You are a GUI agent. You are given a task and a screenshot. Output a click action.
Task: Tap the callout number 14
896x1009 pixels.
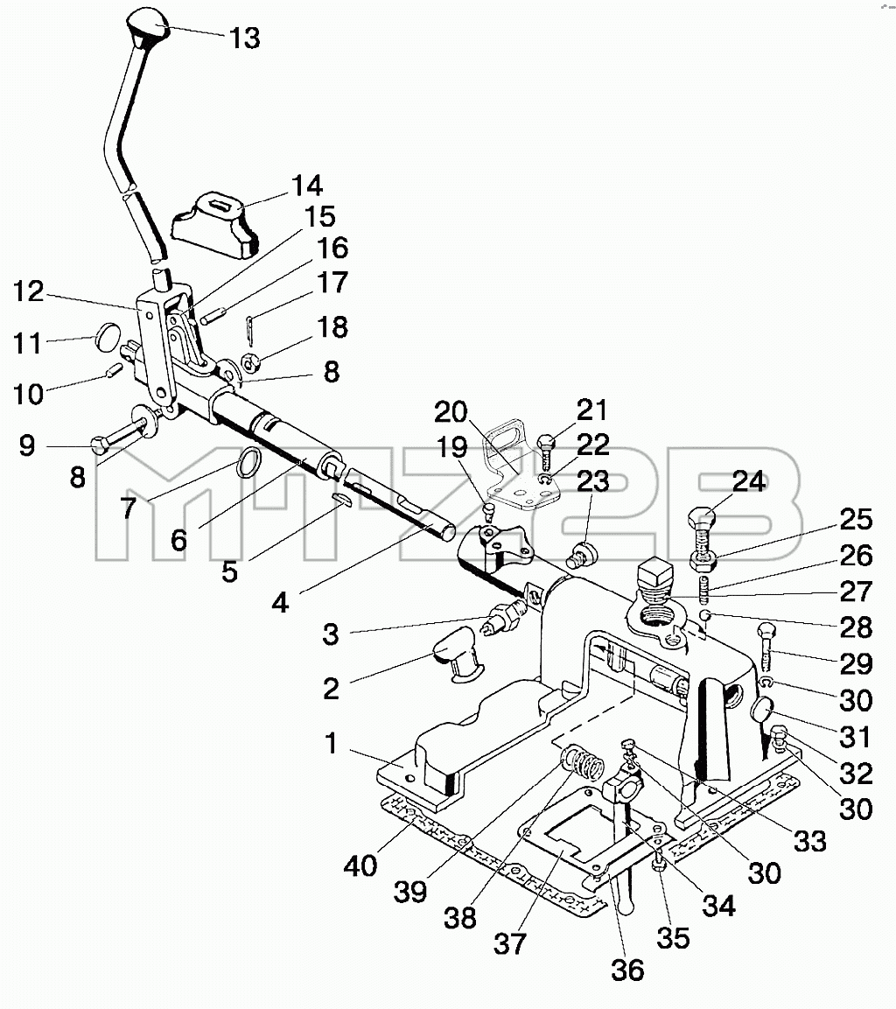tap(306, 186)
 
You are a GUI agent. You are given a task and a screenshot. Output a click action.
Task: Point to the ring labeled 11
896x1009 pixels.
tap(108, 335)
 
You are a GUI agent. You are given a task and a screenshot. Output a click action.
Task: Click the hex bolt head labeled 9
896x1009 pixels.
tap(101, 445)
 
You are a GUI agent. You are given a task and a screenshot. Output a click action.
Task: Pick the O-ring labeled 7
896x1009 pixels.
tap(249, 463)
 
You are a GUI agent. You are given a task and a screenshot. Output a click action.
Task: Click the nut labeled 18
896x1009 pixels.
tap(251, 363)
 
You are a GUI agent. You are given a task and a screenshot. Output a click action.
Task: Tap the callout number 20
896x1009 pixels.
tap(451, 412)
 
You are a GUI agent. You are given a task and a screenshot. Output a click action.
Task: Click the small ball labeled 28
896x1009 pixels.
tap(705, 616)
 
